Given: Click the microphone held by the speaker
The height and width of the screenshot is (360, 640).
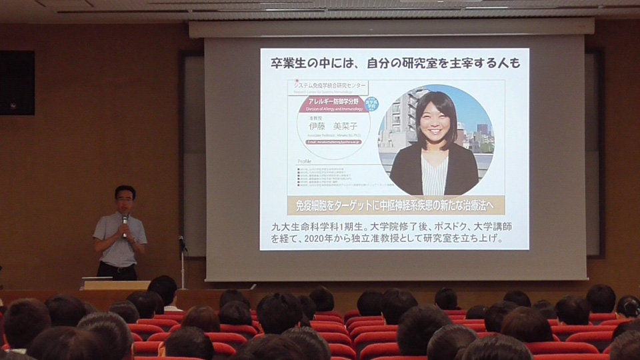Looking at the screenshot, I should point(125,221).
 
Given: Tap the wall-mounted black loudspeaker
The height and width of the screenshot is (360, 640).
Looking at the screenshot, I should point(17,83).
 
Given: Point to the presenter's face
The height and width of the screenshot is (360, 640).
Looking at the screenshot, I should point(124,200).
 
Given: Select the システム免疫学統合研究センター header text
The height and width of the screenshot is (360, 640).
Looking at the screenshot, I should point(331,85).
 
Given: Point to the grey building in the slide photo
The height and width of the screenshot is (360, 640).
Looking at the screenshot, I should point(401,120).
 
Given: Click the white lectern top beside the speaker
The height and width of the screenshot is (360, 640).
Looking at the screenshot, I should point(107,283).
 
